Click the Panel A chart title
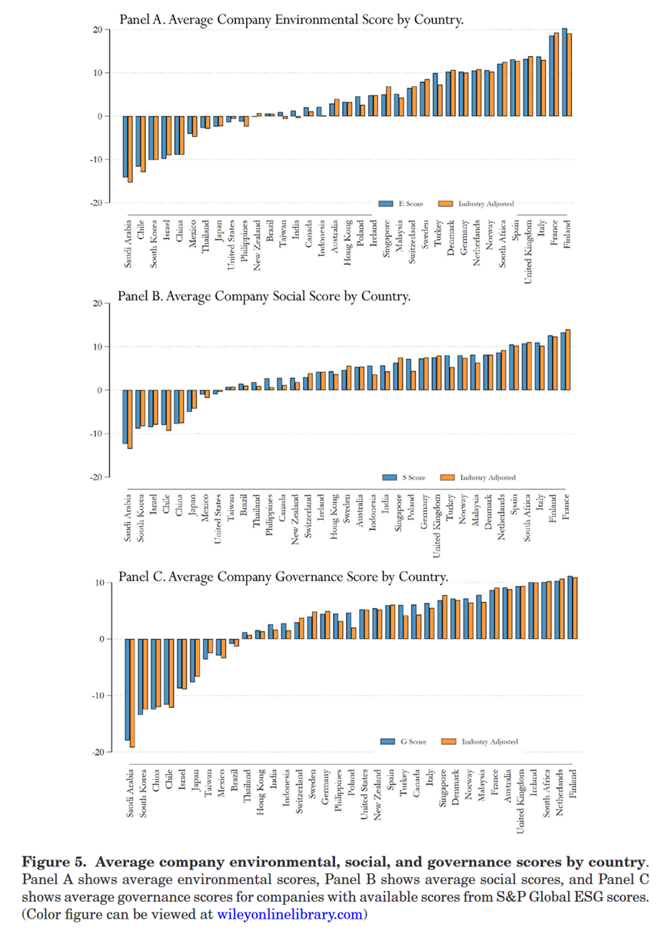(291, 18)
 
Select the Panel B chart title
(264, 295)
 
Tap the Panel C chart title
(283, 577)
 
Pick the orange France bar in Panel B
(569, 360)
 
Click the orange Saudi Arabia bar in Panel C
(132, 693)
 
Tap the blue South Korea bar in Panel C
(140, 677)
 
